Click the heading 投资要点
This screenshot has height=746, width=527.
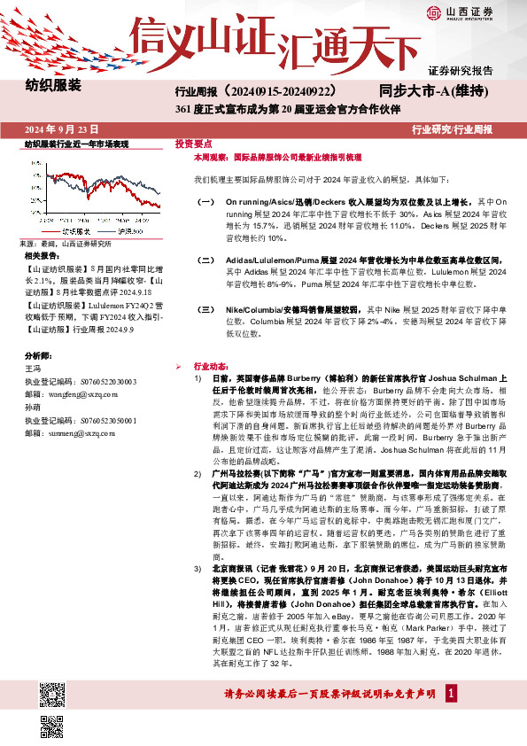(192, 143)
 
